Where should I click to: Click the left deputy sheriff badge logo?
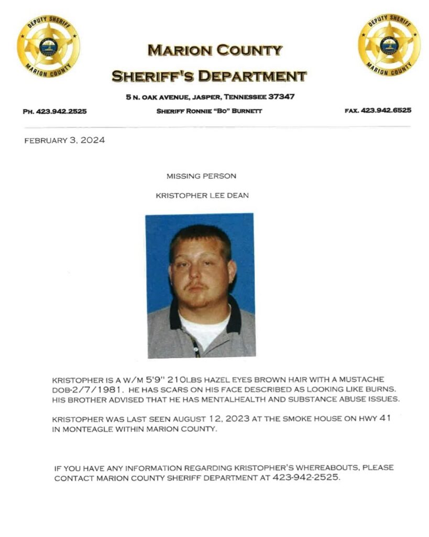coord(49,46)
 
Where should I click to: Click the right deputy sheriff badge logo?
coord(389,45)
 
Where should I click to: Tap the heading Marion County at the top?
coord(215,51)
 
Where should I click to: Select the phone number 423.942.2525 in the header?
coord(62,111)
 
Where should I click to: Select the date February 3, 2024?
coord(64,141)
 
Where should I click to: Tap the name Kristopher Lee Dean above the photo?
coord(202,196)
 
